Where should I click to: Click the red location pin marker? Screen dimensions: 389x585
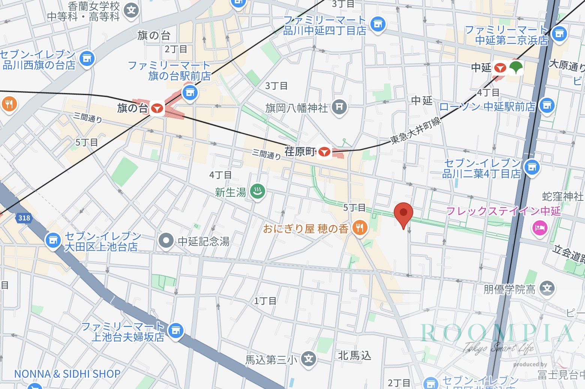pyautogui.click(x=403, y=213)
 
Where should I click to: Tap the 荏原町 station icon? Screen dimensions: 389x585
pyautogui.click(x=324, y=152)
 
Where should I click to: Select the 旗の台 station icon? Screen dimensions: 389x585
pyautogui.click(x=157, y=109)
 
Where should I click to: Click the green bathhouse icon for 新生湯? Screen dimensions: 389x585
pyautogui.click(x=258, y=192)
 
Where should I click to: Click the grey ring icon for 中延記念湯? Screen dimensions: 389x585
pyautogui.click(x=166, y=241)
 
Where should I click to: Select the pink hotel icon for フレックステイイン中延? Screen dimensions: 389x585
pyautogui.click(x=540, y=227)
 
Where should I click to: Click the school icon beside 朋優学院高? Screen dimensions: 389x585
pyautogui.click(x=547, y=288)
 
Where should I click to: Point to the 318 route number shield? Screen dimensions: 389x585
pyautogui.click(x=24, y=218)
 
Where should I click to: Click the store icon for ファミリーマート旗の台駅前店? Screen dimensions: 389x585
pyautogui.click(x=190, y=92)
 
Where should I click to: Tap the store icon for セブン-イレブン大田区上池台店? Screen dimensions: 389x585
pyautogui.click(x=53, y=240)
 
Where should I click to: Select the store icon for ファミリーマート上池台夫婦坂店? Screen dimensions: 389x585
pyautogui.click(x=175, y=330)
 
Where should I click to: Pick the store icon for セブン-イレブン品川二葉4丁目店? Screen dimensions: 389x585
pyautogui.click(x=532, y=167)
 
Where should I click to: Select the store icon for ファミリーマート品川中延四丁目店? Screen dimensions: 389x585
pyautogui.click(x=378, y=24)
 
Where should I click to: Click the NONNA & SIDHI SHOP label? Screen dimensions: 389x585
pyautogui.click(x=67, y=374)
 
